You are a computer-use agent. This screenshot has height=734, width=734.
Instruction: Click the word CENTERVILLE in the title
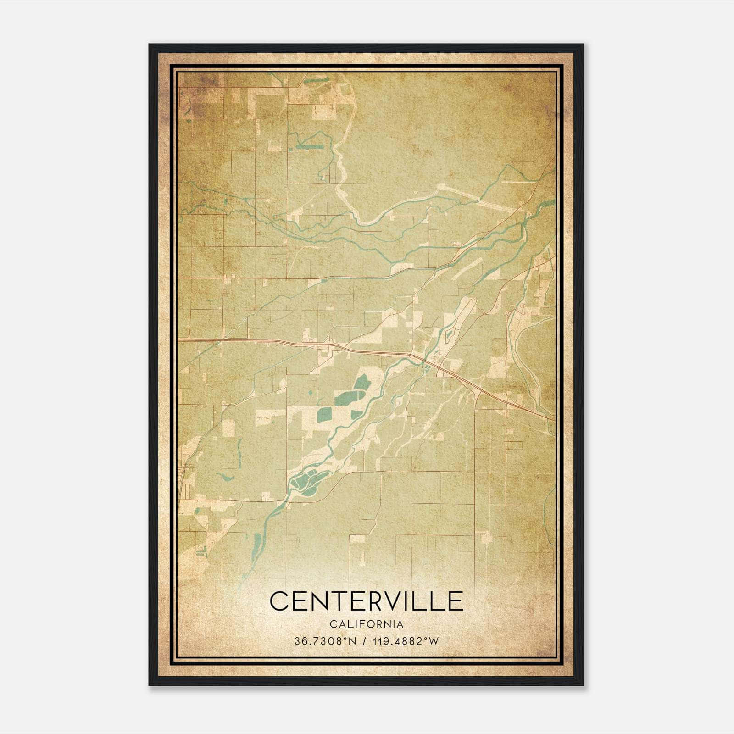(x=366, y=601)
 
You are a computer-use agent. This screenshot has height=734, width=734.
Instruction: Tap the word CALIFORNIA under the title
(x=366, y=624)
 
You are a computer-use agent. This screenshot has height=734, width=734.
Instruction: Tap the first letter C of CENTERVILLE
(x=279, y=601)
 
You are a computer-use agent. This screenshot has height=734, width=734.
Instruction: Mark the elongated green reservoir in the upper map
(x=309, y=147)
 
